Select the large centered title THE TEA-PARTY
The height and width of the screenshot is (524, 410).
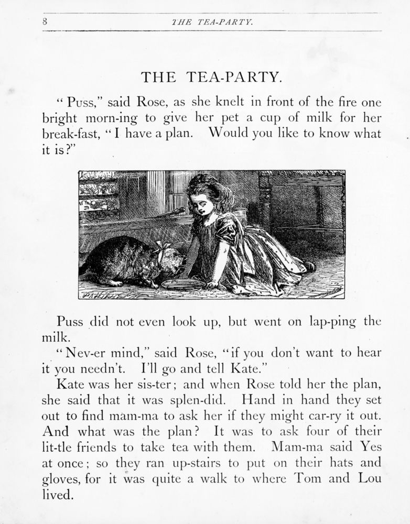(x=212, y=77)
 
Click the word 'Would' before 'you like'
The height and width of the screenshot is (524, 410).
(x=229, y=134)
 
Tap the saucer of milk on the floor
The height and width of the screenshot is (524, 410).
(x=183, y=284)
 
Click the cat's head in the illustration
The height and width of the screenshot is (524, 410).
(x=170, y=262)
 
